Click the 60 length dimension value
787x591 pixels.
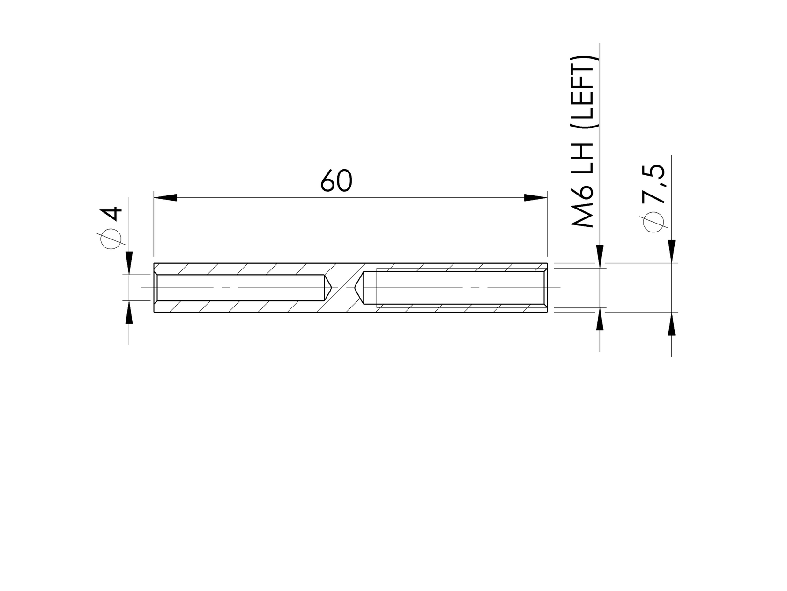click(336, 181)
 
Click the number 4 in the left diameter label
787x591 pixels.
click(112, 214)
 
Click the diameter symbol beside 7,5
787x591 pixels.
click(654, 221)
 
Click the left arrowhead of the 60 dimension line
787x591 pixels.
click(165, 198)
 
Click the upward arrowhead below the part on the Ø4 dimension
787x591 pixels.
click(129, 312)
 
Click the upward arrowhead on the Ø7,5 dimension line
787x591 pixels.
click(671, 323)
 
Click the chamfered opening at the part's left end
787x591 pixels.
click(156, 287)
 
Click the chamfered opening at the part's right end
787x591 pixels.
click(545, 287)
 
